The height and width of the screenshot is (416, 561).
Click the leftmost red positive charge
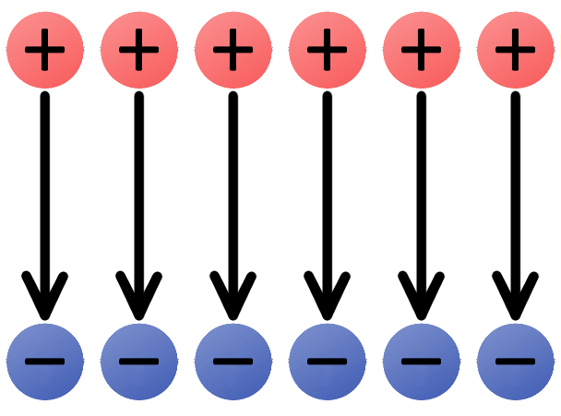coord(45,51)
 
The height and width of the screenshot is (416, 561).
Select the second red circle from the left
coord(139,51)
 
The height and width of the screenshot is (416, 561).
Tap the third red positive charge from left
coord(233,51)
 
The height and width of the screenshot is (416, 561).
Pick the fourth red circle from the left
coord(328,51)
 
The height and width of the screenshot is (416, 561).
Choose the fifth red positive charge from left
coord(422,51)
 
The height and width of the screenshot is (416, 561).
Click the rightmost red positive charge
coord(516,51)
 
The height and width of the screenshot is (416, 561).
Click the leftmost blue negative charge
coord(45,362)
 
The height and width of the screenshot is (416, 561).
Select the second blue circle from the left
coord(139,362)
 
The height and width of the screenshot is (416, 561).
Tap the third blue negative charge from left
coord(233,362)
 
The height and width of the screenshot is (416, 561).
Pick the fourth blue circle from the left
coord(328,362)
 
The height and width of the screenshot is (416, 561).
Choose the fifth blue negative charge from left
coord(422,362)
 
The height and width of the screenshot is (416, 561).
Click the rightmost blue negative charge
coord(516,362)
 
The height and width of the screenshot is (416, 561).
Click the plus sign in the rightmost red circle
coord(516,50)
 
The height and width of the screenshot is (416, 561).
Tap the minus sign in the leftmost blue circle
coord(45,362)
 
